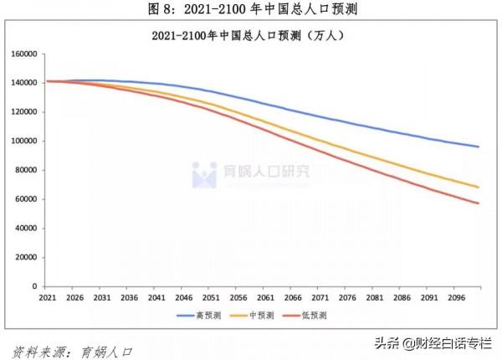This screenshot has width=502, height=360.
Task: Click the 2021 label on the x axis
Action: tap(47, 296)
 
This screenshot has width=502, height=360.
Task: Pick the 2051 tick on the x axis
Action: tap(212, 296)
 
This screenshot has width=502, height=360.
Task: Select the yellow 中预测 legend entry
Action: tap(258, 316)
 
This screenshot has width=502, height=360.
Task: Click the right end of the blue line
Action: tap(479, 147)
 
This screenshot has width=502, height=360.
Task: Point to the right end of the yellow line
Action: tap(479, 187)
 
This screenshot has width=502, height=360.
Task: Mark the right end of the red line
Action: tap(479, 203)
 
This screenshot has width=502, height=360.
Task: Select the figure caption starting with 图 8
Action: tap(252, 9)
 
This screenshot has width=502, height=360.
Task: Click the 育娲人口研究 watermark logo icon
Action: tap(204, 174)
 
